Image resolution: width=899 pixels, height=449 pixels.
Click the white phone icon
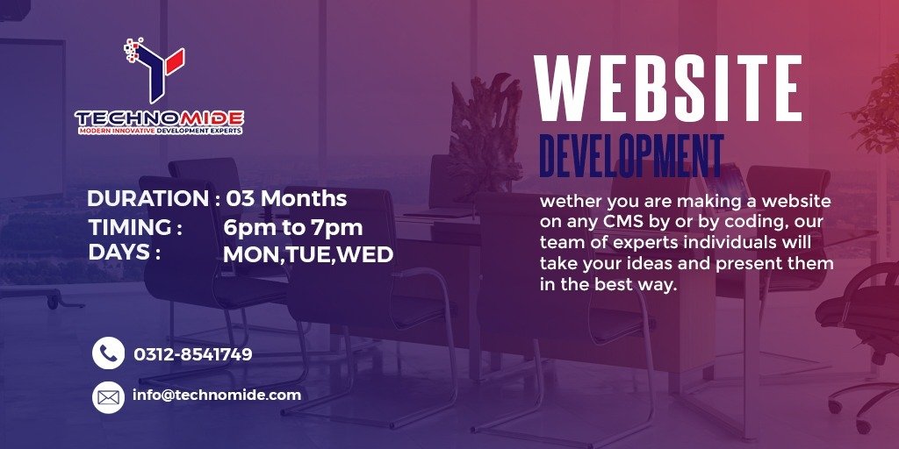pyautogui.click(x=108, y=353)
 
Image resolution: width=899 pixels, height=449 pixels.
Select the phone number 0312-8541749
pyautogui.click(x=192, y=355)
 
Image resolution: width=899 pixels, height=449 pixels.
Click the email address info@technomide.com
pyautogui.click(x=217, y=396)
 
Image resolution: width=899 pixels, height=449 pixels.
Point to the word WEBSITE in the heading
pyautogui.click(x=668, y=89)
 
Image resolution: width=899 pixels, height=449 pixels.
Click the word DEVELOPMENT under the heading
pyautogui.click(x=631, y=155)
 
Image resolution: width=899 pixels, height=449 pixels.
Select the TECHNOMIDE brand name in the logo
pyautogui.click(x=160, y=118)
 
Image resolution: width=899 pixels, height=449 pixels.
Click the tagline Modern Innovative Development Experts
pyautogui.click(x=160, y=132)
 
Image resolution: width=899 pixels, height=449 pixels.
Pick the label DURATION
pyautogui.click(x=148, y=199)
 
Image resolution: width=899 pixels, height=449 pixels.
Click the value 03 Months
pyautogui.click(x=286, y=199)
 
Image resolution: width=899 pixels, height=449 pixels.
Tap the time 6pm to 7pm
pyautogui.click(x=293, y=228)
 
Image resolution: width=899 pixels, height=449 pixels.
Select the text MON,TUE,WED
pyautogui.click(x=308, y=255)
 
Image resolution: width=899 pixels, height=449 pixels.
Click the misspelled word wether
pyautogui.click(x=572, y=202)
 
